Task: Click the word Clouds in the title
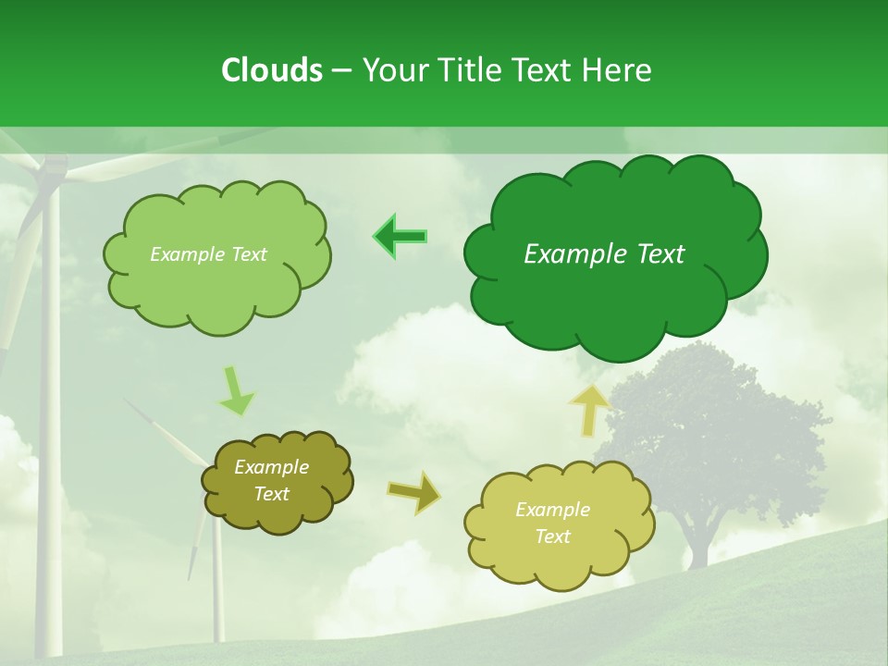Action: [x=272, y=70]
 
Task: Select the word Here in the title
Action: [x=616, y=70]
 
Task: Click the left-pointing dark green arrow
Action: [x=400, y=237]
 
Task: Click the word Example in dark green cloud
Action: [x=573, y=254]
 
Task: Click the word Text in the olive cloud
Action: [x=272, y=494]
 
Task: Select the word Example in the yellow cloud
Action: [x=551, y=510]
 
